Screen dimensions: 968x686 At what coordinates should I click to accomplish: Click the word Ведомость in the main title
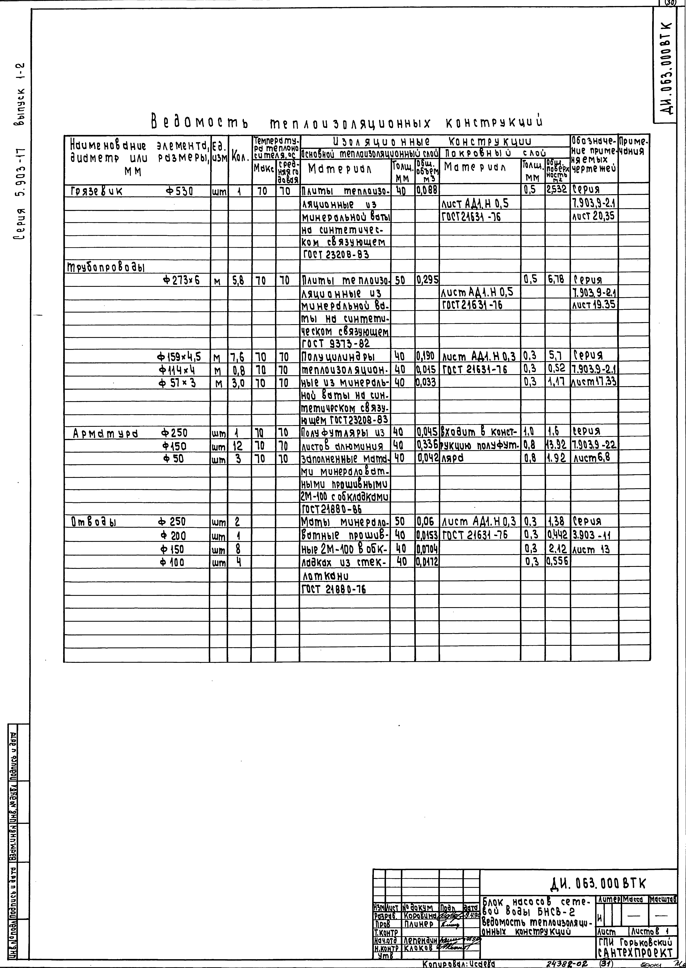click(x=199, y=123)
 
